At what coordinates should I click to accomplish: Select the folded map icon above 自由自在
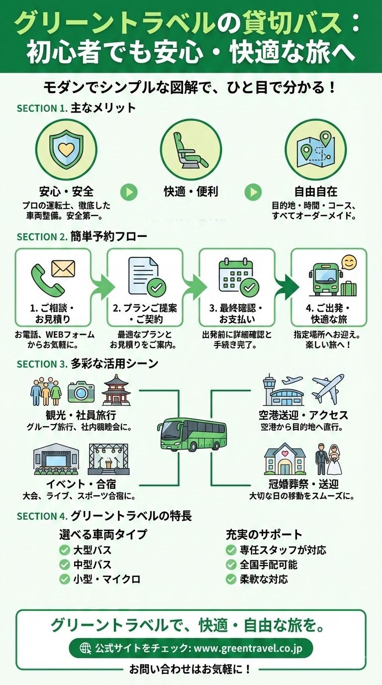point(315,149)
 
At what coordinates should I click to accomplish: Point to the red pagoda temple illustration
point(116,390)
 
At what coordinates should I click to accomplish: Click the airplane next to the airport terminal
point(328,389)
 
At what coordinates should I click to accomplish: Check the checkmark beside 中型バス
point(64,565)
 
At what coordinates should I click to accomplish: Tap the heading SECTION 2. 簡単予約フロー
point(82,236)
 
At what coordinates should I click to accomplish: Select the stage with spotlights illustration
point(108,459)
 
